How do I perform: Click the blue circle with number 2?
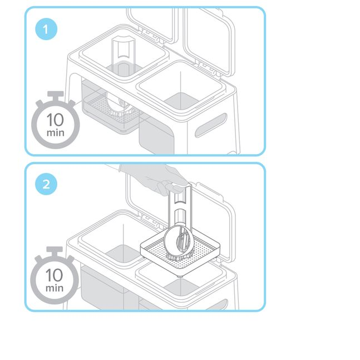(46, 185)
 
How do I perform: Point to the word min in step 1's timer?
(55, 134)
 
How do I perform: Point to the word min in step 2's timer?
(55, 288)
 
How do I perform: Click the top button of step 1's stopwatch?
(55, 95)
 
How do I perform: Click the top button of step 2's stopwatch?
(55, 250)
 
